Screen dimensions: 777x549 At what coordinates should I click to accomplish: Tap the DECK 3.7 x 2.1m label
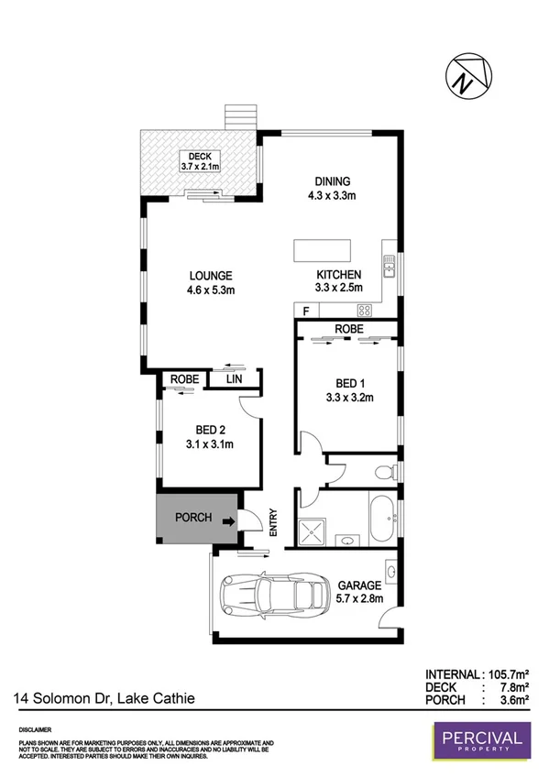click(198, 161)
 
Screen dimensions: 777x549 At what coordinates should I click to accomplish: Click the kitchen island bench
click(322, 251)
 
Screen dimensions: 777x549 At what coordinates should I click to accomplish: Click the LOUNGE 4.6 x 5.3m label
click(211, 283)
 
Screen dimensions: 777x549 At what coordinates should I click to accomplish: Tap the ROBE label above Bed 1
click(347, 327)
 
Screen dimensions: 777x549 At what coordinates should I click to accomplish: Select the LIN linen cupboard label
click(234, 378)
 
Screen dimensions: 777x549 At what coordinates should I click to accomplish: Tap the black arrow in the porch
click(227, 522)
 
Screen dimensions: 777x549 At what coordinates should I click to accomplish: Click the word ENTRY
click(273, 523)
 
